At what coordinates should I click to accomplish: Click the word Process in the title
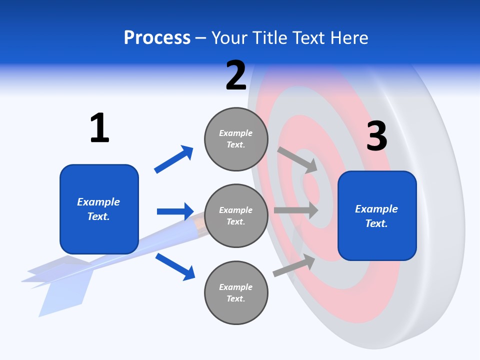(157, 38)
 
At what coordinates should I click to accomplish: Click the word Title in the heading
(269, 38)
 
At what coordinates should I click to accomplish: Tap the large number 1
(99, 128)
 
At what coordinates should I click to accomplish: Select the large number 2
(236, 75)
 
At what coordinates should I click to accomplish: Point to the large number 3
(376, 136)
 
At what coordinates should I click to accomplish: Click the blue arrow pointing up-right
(173, 159)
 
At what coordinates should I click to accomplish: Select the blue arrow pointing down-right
(175, 266)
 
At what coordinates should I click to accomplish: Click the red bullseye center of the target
(312, 189)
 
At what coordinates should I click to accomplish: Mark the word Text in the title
(311, 38)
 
